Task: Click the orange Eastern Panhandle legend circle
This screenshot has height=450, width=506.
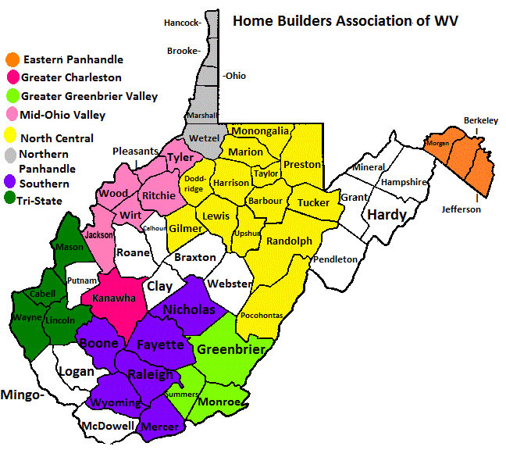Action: (12, 59)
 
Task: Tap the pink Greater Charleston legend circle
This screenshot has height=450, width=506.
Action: (12, 77)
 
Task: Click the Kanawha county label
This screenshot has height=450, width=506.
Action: (114, 298)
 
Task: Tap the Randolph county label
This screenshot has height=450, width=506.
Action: (289, 241)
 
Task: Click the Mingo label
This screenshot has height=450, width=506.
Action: (20, 395)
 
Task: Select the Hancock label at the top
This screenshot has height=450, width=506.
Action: (183, 23)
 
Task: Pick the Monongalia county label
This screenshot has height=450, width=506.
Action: (261, 131)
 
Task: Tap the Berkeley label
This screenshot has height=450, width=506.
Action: (480, 120)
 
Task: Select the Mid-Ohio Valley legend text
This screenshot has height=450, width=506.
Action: (64, 116)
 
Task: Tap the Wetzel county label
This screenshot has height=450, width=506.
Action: (204, 138)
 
